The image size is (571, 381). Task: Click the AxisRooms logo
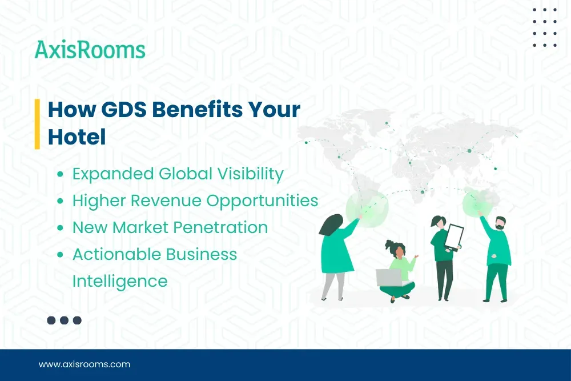click(90, 50)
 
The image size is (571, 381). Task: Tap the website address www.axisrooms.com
click(85, 364)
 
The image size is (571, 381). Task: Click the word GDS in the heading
click(124, 109)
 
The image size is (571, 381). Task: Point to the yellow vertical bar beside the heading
click(37, 123)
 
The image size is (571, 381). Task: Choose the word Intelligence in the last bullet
click(119, 281)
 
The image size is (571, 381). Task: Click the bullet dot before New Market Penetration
click(60, 228)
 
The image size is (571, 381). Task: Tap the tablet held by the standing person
click(454, 236)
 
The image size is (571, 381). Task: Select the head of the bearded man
click(500, 223)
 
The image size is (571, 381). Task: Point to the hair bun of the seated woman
click(391, 244)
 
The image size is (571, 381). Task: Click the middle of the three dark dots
click(64, 320)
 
